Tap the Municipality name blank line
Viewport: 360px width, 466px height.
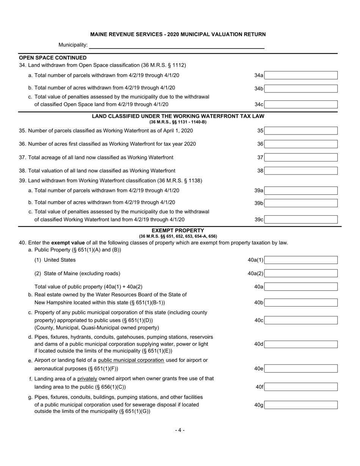[x=177, y=45]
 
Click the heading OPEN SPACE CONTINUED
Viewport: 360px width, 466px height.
[x=53, y=58]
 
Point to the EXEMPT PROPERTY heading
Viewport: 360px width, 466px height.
[x=178, y=230]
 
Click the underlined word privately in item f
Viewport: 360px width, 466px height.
[x=87, y=378]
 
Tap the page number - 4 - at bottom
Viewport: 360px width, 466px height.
[x=180, y=430]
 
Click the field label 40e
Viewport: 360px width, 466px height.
[x=259, y=369]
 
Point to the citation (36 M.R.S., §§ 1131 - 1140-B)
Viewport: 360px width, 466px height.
[x=178, y=122]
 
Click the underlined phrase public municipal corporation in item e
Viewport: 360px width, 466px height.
[x=131, y=360]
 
